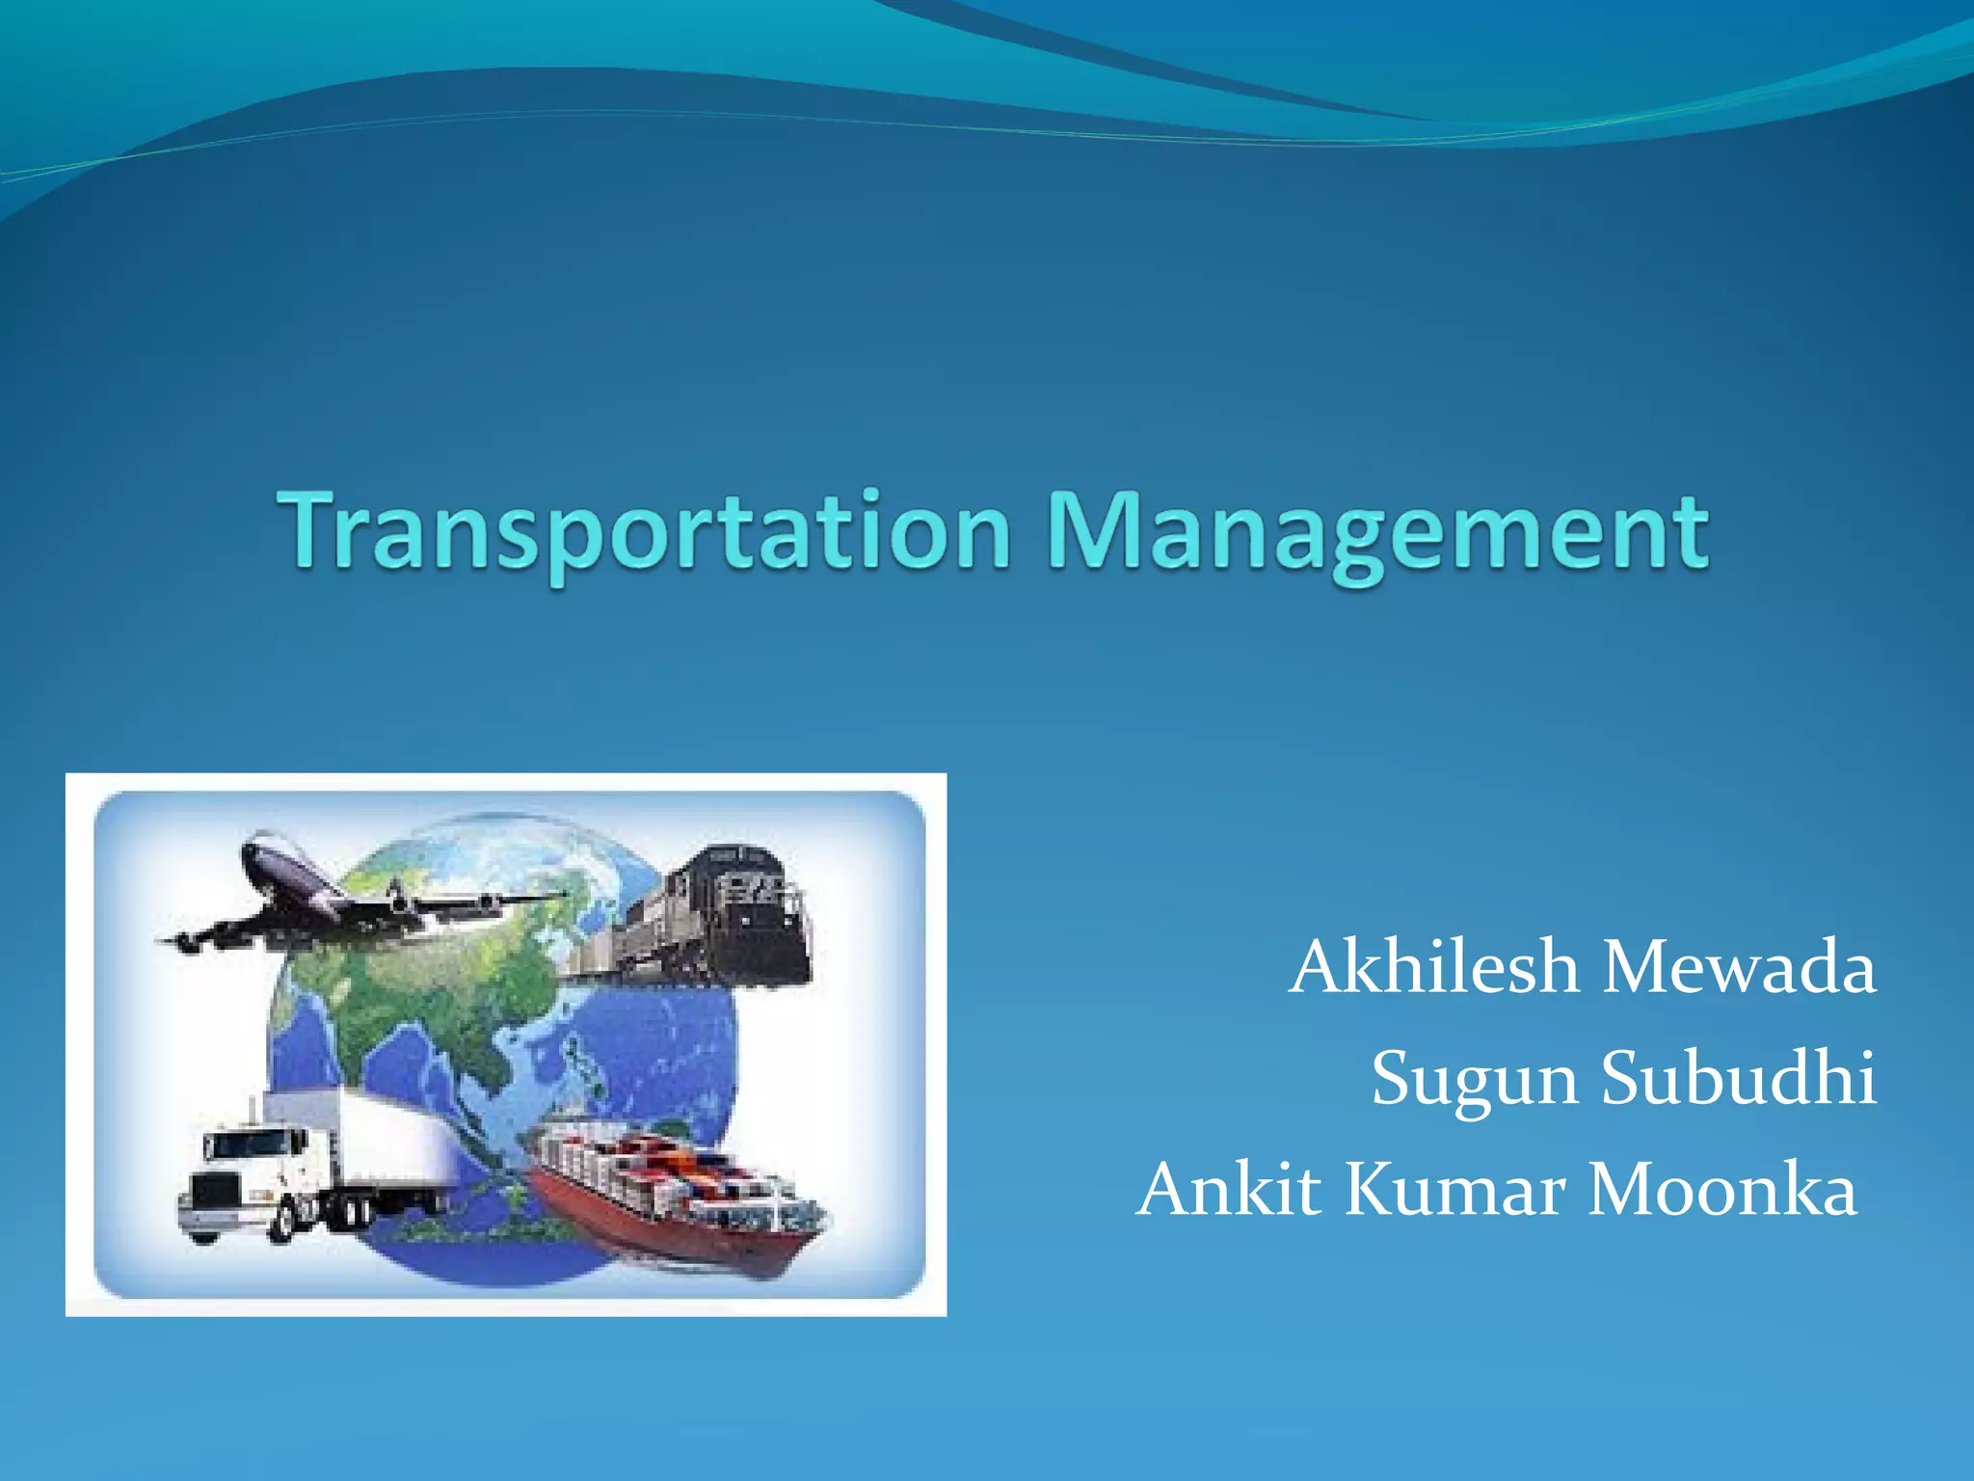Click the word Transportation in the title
tap(644, 532)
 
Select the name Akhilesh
tap(1433, 967)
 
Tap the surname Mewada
tap(1739, 967)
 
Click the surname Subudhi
tap(1739, 1078)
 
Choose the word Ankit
tap(1229, 1189)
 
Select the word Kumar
tap(1454, 1189)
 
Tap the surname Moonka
tap(1721, 1189)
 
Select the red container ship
tap(675, 1205)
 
